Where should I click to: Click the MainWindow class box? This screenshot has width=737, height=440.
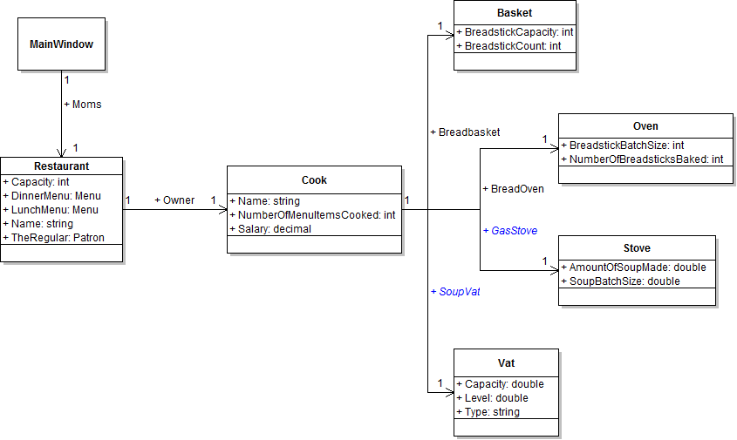[x=61, y=44]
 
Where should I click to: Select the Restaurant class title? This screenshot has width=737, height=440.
[x=61, y=166]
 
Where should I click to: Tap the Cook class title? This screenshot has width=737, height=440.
[x=314, y=180]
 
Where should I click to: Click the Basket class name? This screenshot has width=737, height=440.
[x=515, y=13]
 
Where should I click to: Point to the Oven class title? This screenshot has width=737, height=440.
[x=645, y=126]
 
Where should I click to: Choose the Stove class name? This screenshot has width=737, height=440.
[x=637, y=248]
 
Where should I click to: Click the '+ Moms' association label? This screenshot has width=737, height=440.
[x=83, y=105]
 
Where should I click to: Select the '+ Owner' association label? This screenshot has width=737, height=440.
[x=174, y=200]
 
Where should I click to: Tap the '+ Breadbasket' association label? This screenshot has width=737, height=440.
[x=465, y=132]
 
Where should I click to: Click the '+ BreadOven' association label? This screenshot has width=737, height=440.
[x=513, y=188]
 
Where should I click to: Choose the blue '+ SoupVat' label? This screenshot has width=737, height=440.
[x=455, y=292]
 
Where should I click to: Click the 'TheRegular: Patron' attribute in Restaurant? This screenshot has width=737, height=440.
[x=56, y=237]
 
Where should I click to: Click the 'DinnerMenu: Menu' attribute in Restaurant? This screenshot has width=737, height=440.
[x=51, y=196]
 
